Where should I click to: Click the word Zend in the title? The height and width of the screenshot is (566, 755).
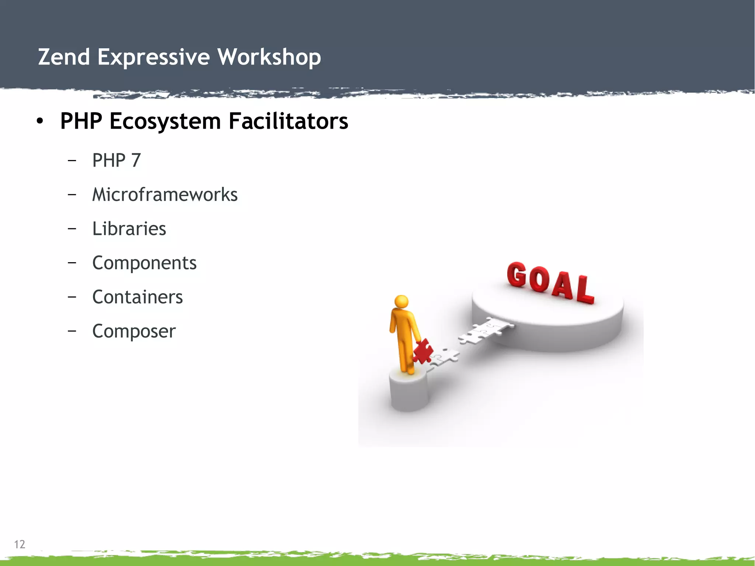tap(64, 57)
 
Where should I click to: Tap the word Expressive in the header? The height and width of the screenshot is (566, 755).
tap(153, 57)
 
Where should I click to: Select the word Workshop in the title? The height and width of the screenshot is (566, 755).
tap(269, 57)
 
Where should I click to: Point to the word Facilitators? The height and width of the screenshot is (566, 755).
tap(288, 121)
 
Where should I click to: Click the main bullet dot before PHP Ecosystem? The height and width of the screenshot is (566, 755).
tap(40, 121)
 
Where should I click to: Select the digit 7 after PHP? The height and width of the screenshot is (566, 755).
tap(136, 160)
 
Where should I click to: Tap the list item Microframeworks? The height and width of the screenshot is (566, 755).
tap(165, 194)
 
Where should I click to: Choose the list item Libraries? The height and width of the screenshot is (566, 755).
tap(129, 229)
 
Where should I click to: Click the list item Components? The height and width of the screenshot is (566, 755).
tap(144, 263)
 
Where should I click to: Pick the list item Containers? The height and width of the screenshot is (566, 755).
tap(138, 297)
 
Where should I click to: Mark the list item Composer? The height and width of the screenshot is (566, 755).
tap(134, 331)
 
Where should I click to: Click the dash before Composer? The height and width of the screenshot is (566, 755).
tap(72, 331)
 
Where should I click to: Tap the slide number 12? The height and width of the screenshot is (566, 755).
tap(20, 544)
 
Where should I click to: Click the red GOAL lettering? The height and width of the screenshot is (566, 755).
tap(550, 282)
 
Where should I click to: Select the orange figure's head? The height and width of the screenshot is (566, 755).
tap(401, 301)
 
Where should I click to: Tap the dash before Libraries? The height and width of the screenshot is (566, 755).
tap(72, 229)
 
